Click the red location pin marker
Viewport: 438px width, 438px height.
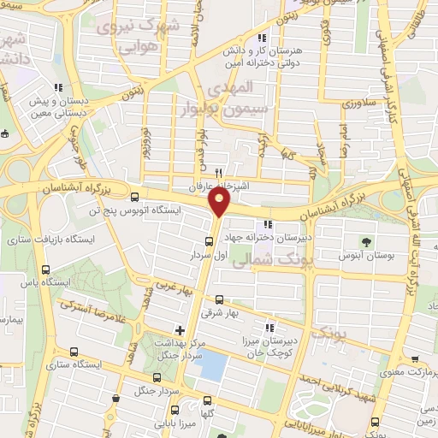click(220, 203)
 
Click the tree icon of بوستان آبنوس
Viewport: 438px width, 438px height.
click(366, 241)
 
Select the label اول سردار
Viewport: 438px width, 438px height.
click(207, 255)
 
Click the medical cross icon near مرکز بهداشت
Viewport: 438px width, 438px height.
click(179, 329)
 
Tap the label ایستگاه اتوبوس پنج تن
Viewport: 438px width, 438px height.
click(132, 207)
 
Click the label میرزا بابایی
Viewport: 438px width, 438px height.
click(181, 423)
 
